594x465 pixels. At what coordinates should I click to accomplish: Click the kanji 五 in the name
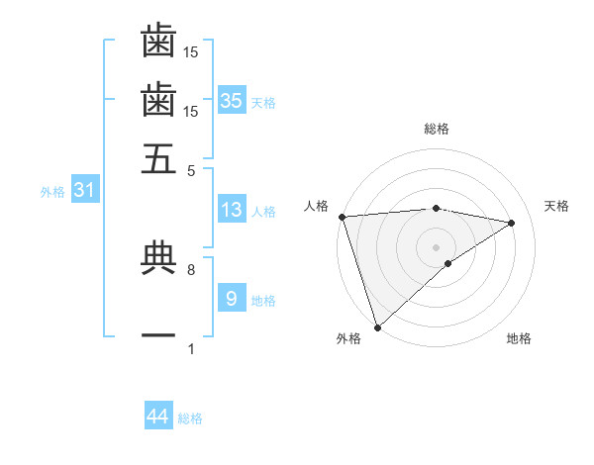pos(158,157)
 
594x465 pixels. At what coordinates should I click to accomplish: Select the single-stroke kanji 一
pos(158,336)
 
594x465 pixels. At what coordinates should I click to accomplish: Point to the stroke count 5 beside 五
pos(191,170)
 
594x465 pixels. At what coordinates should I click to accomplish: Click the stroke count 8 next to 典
pos(191,269)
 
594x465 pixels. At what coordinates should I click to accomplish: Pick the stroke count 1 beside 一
pos(191,349)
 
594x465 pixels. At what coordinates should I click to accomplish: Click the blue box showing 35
pos(231,100)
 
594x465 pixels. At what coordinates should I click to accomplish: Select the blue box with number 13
pos(231,210)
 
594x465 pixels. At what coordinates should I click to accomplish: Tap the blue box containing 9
pos(231,298)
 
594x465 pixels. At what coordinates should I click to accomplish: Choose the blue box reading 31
pos(84,190)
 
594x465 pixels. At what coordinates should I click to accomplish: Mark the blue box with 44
pos(157,417)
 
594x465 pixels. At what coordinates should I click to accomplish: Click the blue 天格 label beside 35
pos(263,103)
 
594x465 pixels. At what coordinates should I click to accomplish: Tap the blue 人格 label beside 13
pos(263,212)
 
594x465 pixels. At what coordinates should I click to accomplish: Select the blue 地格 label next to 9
pos(263,301)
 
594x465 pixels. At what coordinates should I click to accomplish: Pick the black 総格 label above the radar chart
pos(436,129)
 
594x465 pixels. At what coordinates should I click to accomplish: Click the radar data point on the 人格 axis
pos(342,217)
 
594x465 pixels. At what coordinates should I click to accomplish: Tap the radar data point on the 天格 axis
pos(512,224)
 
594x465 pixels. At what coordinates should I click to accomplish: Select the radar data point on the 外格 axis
pos(377,326)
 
